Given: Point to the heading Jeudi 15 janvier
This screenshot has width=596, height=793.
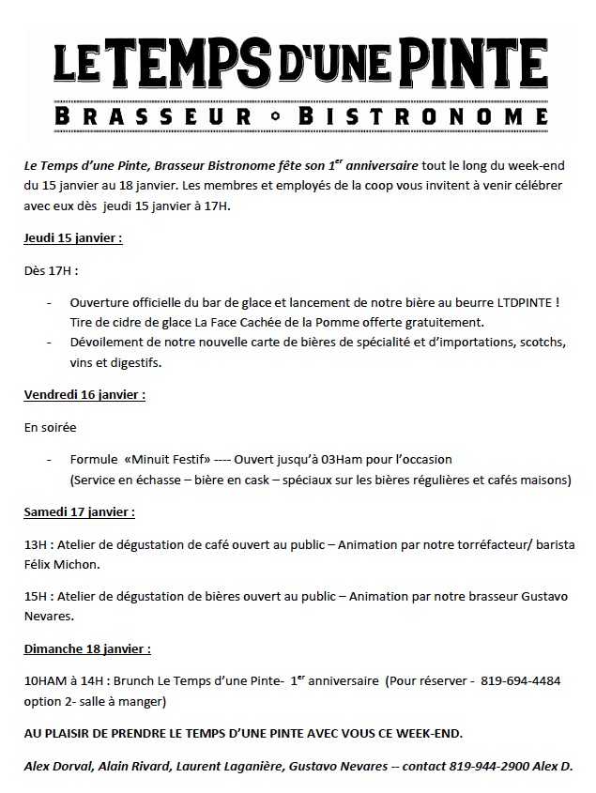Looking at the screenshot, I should (x=73, y=238).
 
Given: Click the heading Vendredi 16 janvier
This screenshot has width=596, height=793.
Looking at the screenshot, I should (x=84, y=395).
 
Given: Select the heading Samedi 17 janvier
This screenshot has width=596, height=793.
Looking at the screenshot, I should (x=80, y=512).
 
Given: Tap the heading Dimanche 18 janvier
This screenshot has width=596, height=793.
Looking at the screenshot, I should (x=87, y=648).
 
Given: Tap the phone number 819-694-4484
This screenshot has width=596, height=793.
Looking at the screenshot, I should (x=521, y=681).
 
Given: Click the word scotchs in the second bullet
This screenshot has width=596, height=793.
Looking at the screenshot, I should (x=541, y=343).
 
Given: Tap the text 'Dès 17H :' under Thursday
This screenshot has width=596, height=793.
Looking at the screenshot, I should (x=52, y=271).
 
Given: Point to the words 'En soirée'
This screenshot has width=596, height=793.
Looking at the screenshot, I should (x=51, y=427).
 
